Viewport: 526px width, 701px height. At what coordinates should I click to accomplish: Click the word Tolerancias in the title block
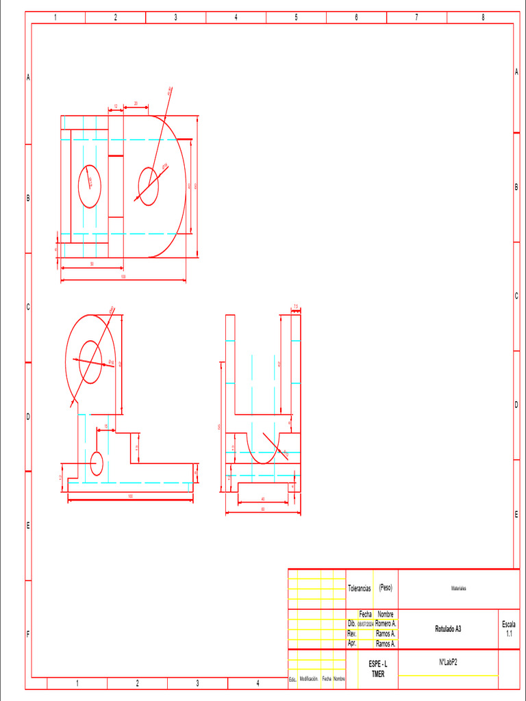pyautogui.click(x=360, y=588)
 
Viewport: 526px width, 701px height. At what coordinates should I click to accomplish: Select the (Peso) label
pyautogui.click(x=386, y=587)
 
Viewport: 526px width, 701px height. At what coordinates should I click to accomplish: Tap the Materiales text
pyautogui.click(x=459, y=588)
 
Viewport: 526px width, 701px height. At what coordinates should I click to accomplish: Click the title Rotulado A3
pyautogui.click(x=448, y=628)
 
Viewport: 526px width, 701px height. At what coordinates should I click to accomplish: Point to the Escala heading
pyautogui.click(x=509, y=624)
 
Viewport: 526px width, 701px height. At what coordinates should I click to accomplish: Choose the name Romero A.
pyautogui.click(x=386, y=624)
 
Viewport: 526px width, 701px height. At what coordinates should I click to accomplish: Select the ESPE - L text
pyautogui.click(x=378, y=665)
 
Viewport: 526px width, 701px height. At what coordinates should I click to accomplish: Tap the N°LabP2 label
pyautogui.click(x=448, y=662)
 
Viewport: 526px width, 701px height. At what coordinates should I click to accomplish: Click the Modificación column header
pyautogui.click(x=309, y=678)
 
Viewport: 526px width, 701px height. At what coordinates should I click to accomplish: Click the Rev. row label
pyautogui.click(x=352, y=634)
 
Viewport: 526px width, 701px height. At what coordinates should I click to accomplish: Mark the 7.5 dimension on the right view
pyautogui.click(x=296, y=306)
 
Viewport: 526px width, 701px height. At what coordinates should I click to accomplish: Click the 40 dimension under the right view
pyautogui.click(x=263, y=499)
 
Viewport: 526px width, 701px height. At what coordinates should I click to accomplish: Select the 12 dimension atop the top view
pyautogui.click(x=116, y=105)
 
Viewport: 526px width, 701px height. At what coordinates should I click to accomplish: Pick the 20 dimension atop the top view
pyautogui.click(x=136, y=103)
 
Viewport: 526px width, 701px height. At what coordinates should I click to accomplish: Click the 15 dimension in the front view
pyautogui.click(x=105, y=426)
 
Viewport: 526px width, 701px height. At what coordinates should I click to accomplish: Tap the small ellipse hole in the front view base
pyautogui.click(x=97, y=463)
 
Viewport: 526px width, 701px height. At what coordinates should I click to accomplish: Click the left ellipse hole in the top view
pyautogui.click(x=90, y=186)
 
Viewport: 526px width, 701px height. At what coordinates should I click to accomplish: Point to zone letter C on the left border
pyautogui.click(x=28, y=307)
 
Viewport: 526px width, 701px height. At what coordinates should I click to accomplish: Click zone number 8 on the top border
pyautogui.click(x=483, y=17)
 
